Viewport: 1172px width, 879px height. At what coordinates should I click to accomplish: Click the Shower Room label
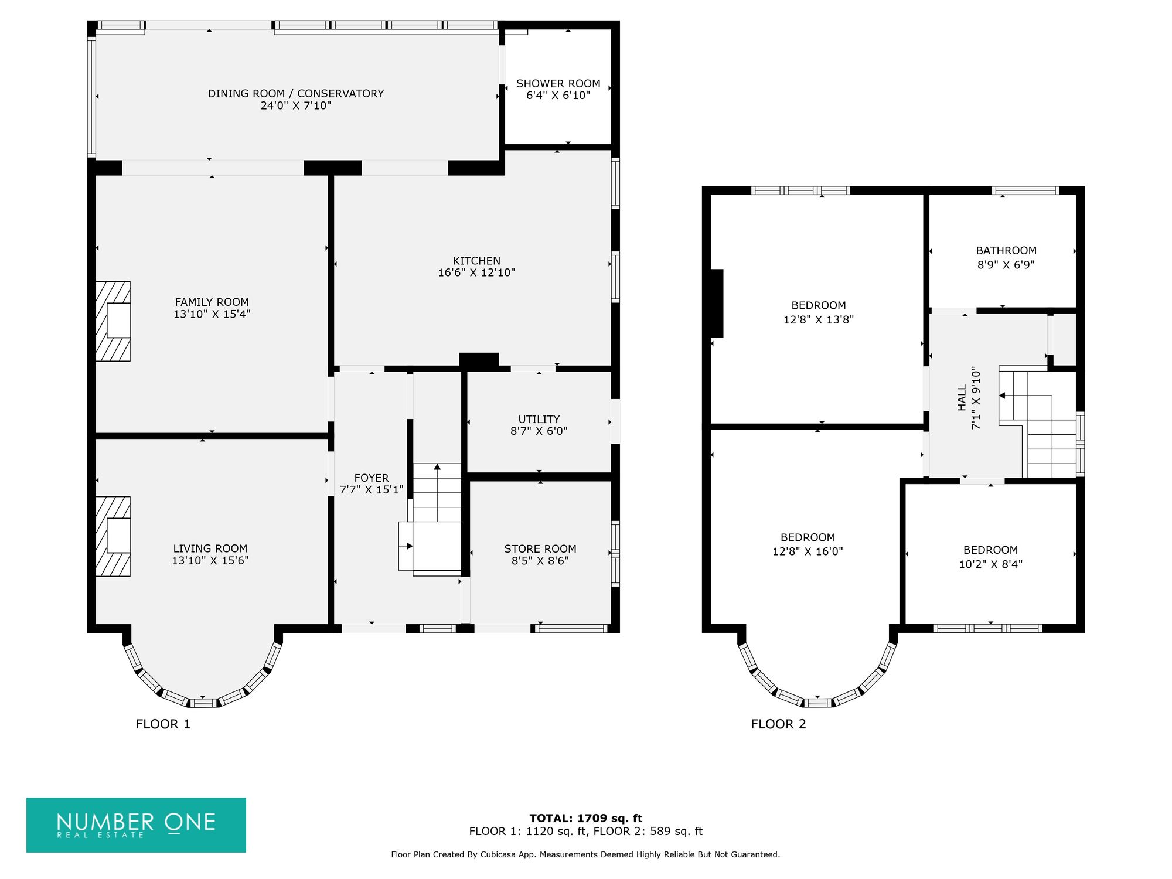tap(558, 84)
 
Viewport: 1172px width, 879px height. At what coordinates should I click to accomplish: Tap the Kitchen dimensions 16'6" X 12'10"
tap(476, 272)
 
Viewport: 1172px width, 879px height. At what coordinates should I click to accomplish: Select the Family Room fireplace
tap(113, 321)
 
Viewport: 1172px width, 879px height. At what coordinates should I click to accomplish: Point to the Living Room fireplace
tap(113, 537)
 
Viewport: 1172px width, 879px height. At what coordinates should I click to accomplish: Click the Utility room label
tap(539, 420)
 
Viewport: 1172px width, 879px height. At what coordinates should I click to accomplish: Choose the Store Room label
tap(540, 549)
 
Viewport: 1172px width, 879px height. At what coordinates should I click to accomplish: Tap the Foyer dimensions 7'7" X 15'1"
tap(372, 490)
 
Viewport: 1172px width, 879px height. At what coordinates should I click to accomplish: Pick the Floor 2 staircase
tap(1037, 422)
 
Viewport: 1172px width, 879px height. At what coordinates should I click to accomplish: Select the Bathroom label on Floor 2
tap(1006, 251)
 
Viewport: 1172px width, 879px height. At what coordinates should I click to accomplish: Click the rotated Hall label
tap(962, 398)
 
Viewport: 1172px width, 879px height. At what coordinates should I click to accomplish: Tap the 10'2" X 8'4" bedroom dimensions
tap(990, 564)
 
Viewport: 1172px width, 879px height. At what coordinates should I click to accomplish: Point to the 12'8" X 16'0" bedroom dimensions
tap(808, 551)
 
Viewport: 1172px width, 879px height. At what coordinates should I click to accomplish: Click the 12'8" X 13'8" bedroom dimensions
tap(819, 320)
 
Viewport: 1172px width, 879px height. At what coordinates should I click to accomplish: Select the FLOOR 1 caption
tap(163, 724)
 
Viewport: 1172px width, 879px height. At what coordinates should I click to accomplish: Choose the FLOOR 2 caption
tap(778, 724)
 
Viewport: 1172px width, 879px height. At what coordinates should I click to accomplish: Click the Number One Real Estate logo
tap(136, 825)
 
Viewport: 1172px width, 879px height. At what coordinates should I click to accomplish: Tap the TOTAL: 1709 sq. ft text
tap(586, 819)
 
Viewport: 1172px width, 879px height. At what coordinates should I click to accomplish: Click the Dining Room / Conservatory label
tap(296, 94)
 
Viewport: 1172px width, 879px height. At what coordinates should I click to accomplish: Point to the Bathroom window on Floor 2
tap(1025, 190)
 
